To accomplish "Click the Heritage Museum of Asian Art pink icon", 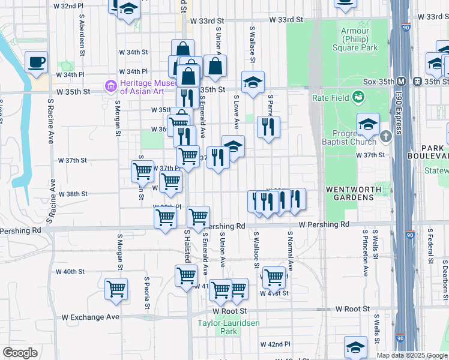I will pyautogui.click(x=110, y=87).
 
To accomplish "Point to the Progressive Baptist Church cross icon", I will pyautogui.click(x=385, y=136).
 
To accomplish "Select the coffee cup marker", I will pyautogui.click(x=37, y=62).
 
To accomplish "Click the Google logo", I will pyautogui.click(x=19, y=353).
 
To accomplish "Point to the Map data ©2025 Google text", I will pyautogui.click(x=411, y=355).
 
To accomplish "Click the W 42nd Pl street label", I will pyautogui.click(x=275, y=344).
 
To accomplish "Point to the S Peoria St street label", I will pyautogui.click(x=146, y=287).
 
